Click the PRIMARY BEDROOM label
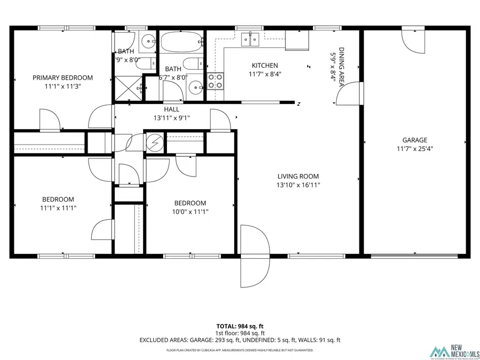(62, 78)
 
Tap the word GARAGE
(414, 140)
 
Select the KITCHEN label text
(265, 66)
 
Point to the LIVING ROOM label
(298, 176)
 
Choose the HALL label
(171, 109)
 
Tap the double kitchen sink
(250, 39)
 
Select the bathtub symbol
(181, 40)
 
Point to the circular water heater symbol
(154, 142)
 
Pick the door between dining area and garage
(349, 95)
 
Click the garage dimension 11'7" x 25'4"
(414, 149)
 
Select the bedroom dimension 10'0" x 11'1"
(190, 212)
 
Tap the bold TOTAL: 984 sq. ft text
(240, 326)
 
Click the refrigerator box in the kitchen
(297, 39)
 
